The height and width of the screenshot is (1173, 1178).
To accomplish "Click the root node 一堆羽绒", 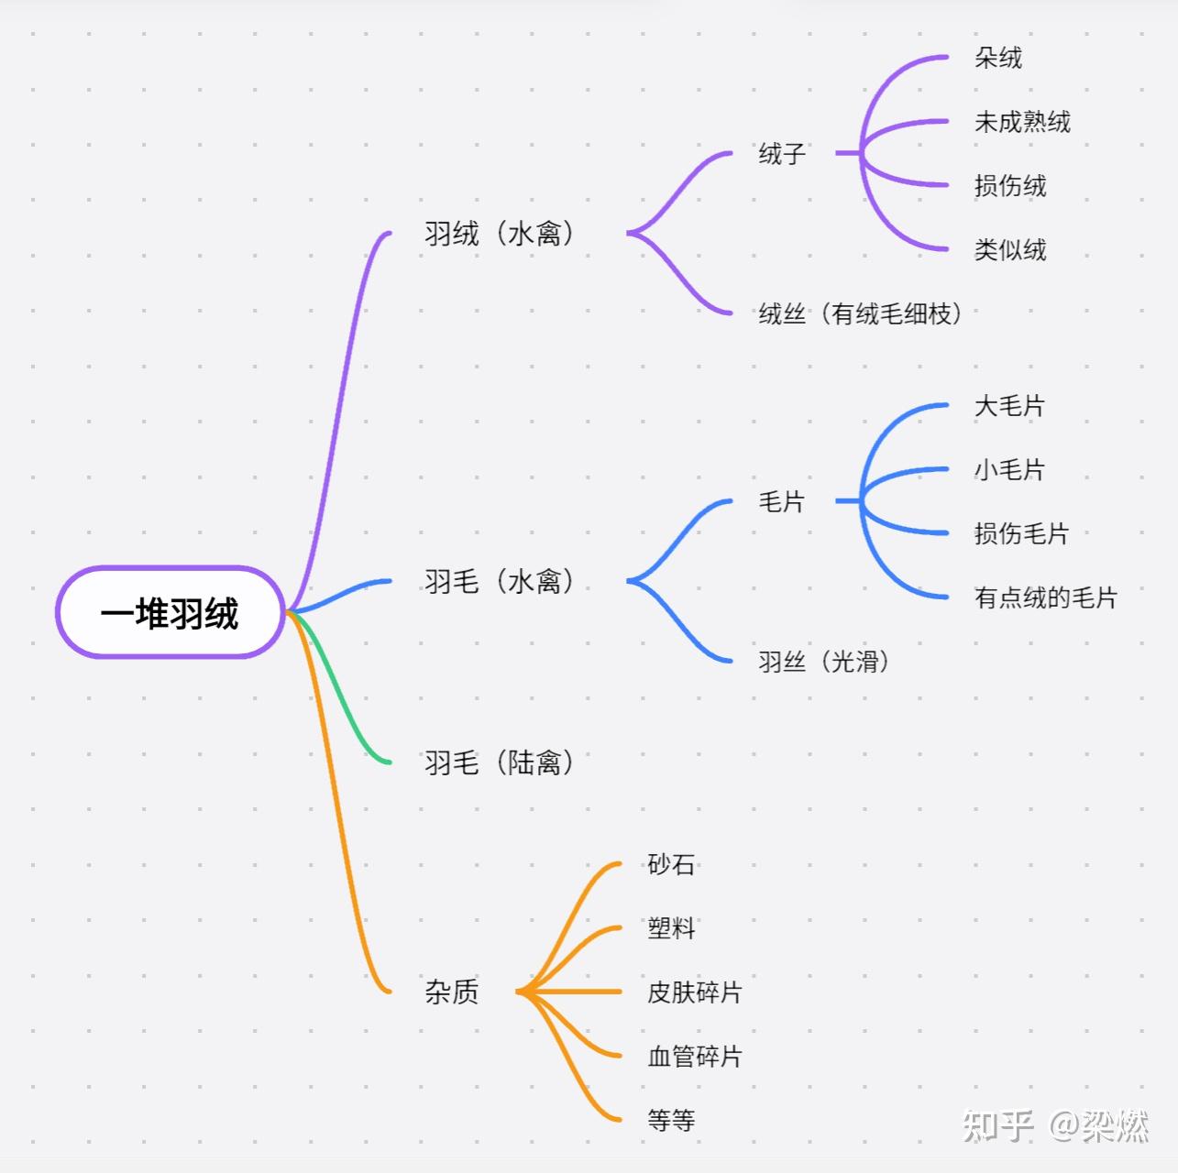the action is tap(170, 612).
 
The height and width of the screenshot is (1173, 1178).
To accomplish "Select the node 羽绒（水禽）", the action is tap(499, 233).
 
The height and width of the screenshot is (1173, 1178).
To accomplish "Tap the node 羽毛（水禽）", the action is tap(499, 581).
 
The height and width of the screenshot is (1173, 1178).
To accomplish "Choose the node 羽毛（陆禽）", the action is tap(499, 762).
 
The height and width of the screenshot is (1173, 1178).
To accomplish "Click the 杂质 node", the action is tap(451, 991).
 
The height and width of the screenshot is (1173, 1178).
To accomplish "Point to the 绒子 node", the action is tap(782, 153).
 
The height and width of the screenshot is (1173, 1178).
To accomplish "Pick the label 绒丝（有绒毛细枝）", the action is tap(860, 313).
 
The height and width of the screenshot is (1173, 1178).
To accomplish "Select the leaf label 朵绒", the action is tap(998, 58).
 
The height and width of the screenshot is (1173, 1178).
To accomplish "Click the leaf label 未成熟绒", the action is tap(1023, 121).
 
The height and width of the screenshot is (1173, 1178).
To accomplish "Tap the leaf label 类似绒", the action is tap(1010, 248).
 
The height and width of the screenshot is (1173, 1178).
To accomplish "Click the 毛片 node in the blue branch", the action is tap(782, 501).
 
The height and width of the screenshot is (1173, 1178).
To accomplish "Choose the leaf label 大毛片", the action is tap(1010, 405).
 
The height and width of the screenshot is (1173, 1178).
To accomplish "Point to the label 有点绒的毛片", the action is tap(1046, 597).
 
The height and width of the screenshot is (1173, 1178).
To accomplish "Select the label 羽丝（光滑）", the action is tap(823, 661).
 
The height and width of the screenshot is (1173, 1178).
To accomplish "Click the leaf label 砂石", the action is tap(671, 863).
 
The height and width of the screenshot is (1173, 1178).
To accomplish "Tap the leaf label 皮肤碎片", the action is tap(695, 992).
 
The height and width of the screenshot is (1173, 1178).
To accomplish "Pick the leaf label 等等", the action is tap(671, 1120).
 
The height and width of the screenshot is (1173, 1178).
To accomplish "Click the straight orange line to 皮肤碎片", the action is tap(569, 992).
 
